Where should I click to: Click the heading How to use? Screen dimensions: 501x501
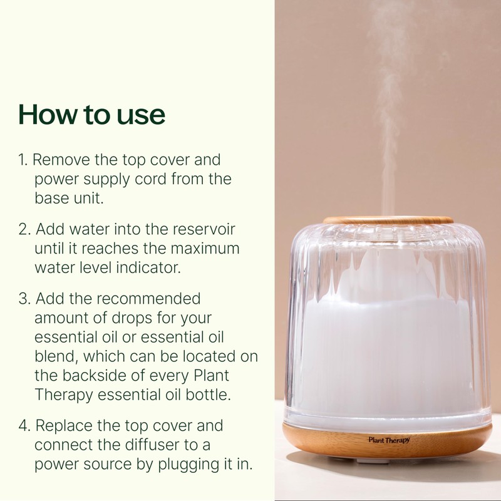point(91,115)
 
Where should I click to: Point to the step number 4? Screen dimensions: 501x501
point(24,426)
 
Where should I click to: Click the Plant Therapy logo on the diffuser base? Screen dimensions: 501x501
point(388,440)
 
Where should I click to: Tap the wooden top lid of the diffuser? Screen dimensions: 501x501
point(388,220)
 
